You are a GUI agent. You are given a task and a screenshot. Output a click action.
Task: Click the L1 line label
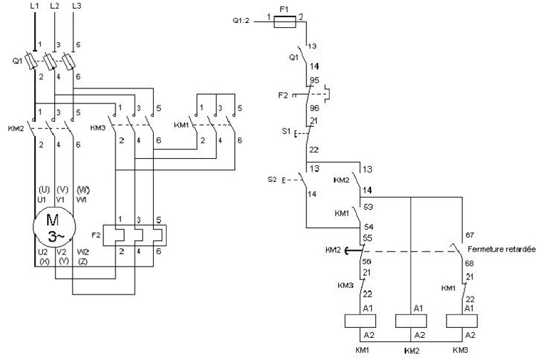click(33, 6)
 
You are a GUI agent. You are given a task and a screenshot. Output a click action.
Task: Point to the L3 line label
click(77, 6)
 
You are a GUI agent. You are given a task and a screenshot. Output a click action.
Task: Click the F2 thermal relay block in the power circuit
click(135, 235)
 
